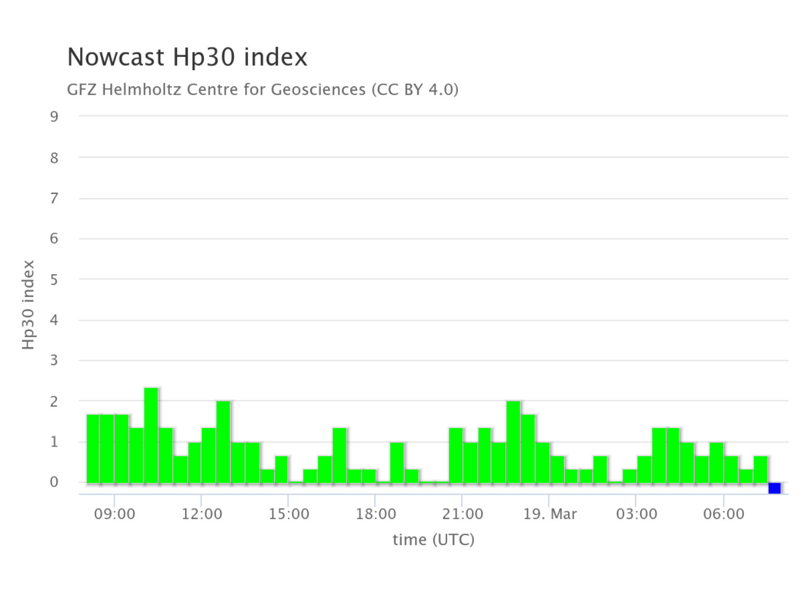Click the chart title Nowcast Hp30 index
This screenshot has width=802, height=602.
pos(187,57)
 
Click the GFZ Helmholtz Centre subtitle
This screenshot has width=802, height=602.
pos(262,89)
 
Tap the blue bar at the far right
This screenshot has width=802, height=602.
pos(774,488)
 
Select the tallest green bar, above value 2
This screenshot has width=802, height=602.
pos(151,435)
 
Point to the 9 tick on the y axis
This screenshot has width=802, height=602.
pos(54,116)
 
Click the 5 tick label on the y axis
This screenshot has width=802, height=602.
pos(54,280)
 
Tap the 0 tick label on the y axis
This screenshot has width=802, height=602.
pos(54,482)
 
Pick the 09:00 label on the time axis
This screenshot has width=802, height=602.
pos(114,514)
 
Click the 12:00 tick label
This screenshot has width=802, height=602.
pos(202,514)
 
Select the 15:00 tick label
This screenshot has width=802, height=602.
pos(288,514)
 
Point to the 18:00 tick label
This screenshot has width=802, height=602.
pos(376,514)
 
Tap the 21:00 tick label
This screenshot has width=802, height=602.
pos(462,514)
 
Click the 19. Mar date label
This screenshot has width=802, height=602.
pos(550,514)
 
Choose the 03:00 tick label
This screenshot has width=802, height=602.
pos(636,514)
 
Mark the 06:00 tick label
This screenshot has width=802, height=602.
pos(723,514)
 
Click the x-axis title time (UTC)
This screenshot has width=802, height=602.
pos(433,540)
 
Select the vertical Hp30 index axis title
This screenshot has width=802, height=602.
pos(28,305)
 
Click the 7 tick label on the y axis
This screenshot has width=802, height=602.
pos(54,198)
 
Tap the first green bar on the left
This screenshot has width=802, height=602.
pos(93,449)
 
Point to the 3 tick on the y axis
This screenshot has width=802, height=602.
pos(54,361)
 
